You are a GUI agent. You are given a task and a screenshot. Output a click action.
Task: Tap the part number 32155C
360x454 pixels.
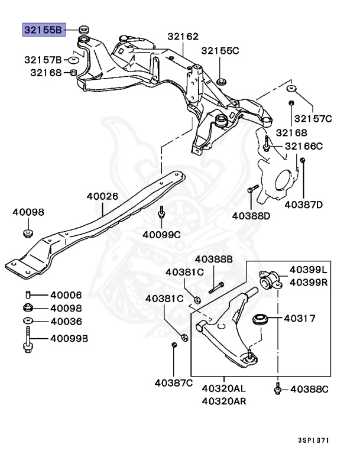coord(219,50)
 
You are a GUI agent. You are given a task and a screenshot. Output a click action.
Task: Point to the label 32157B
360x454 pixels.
coord(43,60)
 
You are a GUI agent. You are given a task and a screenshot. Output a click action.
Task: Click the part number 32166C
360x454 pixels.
coord(304,146)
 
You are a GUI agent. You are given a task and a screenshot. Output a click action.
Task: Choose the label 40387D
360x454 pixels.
coord(304,205)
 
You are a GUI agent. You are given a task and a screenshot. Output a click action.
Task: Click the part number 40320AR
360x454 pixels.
coord(224,401)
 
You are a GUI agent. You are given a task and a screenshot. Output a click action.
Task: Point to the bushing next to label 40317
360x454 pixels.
coord(261,320)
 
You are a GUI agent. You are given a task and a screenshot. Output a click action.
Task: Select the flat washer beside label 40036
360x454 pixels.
coord(28,322)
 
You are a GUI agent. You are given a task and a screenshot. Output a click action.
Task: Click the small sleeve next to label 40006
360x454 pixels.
coord(28,295)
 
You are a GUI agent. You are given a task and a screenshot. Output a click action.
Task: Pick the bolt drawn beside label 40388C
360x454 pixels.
coord(277,388)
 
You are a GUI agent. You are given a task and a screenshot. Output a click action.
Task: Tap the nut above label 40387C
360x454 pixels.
coord(174,345)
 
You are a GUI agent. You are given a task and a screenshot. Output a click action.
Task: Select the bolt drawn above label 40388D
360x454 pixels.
coord(250,189)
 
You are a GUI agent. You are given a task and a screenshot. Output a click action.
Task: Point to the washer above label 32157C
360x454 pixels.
coord(291,89)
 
